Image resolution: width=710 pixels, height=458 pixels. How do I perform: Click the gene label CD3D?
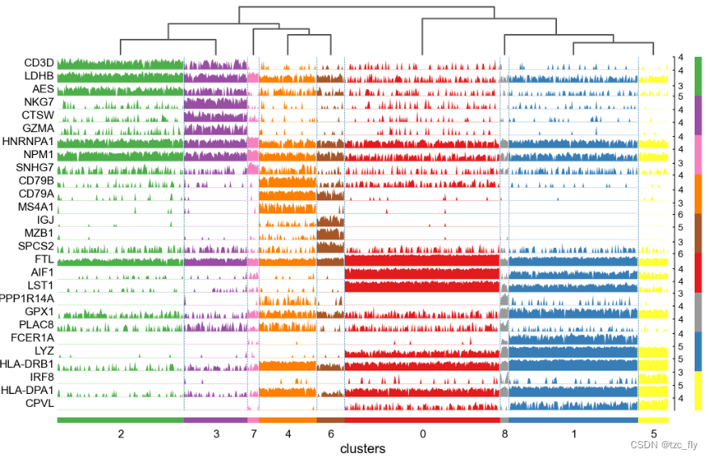pos(38,62)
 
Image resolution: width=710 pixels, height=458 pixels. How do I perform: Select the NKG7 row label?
pos(38,102)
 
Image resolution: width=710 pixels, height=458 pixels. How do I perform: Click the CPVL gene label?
pos(39,403)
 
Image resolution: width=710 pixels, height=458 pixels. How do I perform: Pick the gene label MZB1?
pos(39,233)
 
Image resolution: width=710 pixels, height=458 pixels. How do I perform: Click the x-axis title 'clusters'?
pos(363,448)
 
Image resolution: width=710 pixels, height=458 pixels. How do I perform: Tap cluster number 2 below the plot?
pos(121,434)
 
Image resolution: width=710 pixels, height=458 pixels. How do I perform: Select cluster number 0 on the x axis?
pos(423,434)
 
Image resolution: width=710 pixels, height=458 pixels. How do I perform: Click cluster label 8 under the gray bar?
pos(504,434)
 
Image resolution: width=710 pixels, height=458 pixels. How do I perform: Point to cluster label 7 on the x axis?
pos(253,434)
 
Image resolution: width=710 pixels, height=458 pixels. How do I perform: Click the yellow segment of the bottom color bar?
pos(653,420)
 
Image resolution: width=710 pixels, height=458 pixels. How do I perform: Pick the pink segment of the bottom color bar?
pos(253,420)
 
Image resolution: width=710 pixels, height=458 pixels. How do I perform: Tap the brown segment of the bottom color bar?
pos(330,420)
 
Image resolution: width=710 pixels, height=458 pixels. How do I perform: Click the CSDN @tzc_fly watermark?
pos(665,443)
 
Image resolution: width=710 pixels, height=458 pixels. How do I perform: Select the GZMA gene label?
pos(38,128)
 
